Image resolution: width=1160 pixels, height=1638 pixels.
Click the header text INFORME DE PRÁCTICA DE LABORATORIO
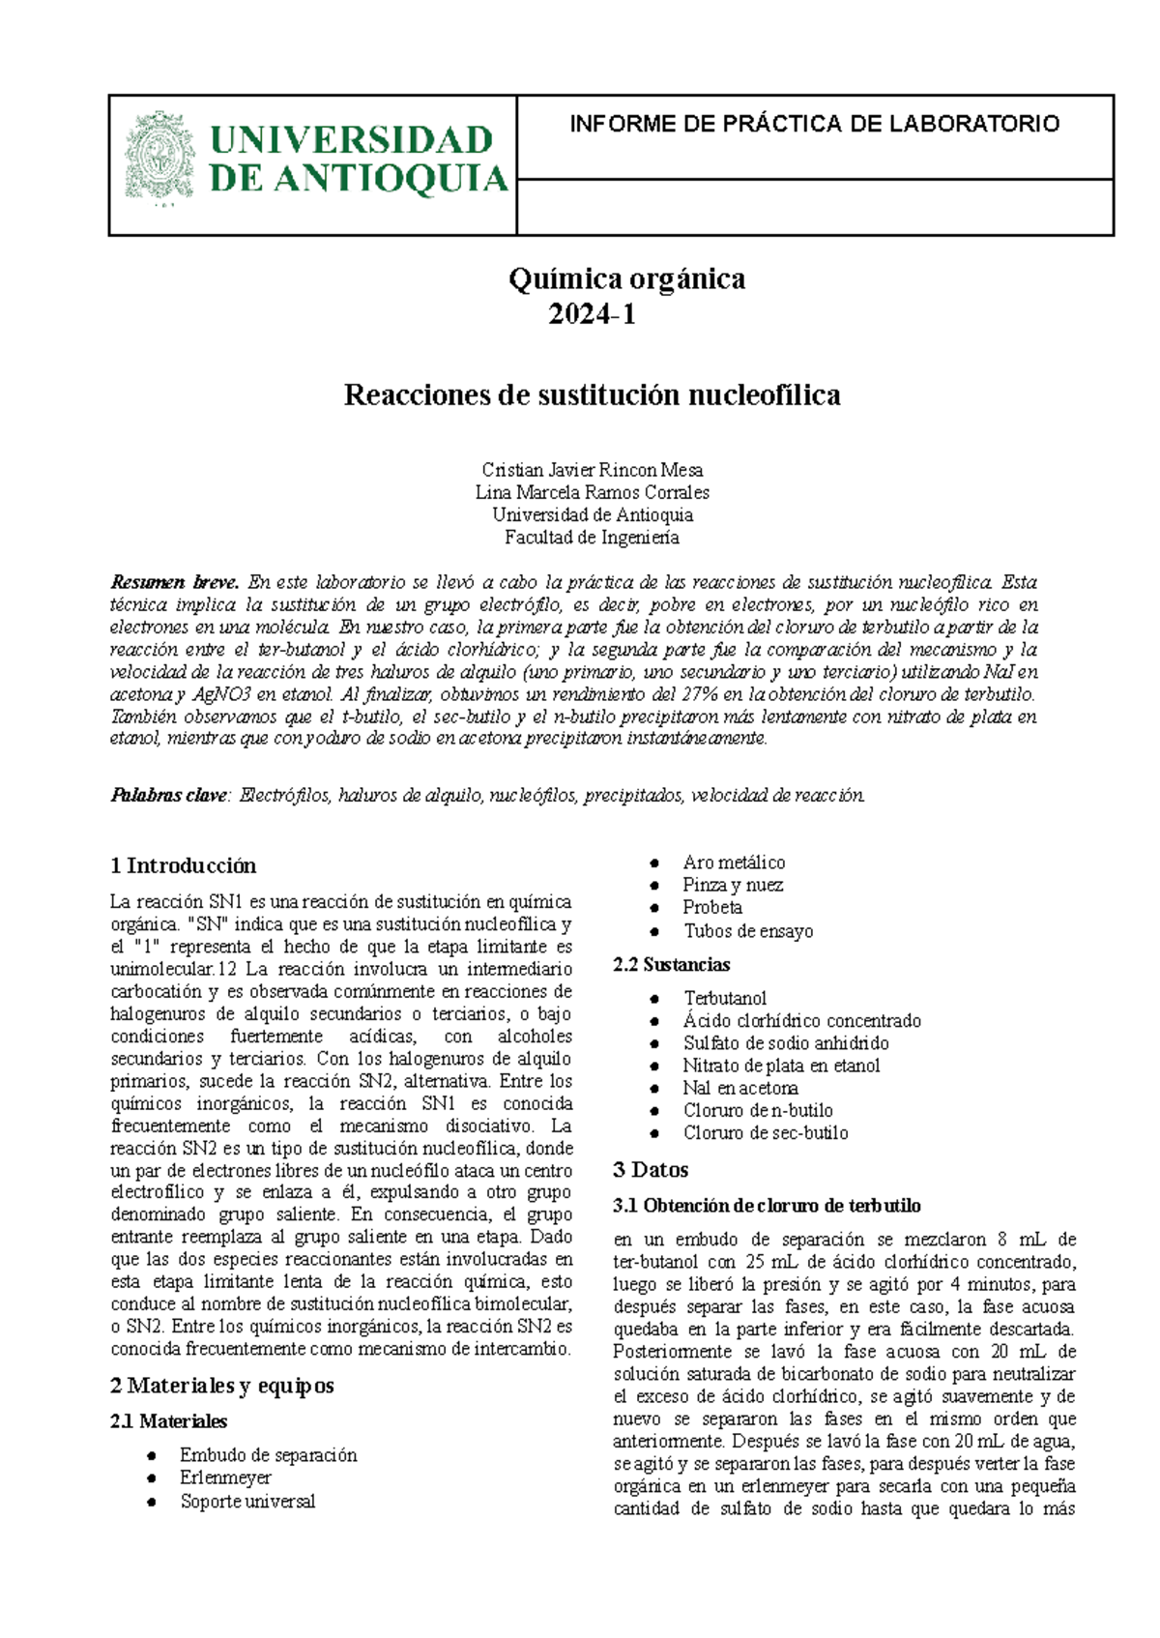tap(814, 124)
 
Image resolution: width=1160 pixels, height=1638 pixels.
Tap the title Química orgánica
tap(626, 279)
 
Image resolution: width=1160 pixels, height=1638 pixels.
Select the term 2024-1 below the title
tap(592, 314)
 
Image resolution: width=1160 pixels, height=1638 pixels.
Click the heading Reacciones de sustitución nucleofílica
tap(592, 395)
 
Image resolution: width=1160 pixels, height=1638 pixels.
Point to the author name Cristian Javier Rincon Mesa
tap(592, 470)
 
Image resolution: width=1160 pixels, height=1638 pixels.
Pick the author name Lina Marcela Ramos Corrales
tap(592, 492)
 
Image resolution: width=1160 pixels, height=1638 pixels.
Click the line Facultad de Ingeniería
tap(592, 538)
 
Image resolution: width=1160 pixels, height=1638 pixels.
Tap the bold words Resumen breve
tap(174, 582)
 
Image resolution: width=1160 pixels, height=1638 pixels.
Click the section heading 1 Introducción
tap(183, 865)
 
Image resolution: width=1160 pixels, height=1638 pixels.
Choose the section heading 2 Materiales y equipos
tap(221, 1386)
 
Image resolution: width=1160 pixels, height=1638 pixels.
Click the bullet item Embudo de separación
tap(268, 1455)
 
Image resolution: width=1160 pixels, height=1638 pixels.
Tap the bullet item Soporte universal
tap(247, 1502)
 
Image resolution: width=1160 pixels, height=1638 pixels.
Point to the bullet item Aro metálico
tap(734, 863)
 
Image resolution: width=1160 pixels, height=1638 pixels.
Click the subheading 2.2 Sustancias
tap(671, 965)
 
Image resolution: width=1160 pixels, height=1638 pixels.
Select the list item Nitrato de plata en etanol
tap(781, 1066)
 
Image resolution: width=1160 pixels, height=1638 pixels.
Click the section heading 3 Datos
tap(651, 1170)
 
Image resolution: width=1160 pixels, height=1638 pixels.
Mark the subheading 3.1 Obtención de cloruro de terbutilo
tap(767, 1206)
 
